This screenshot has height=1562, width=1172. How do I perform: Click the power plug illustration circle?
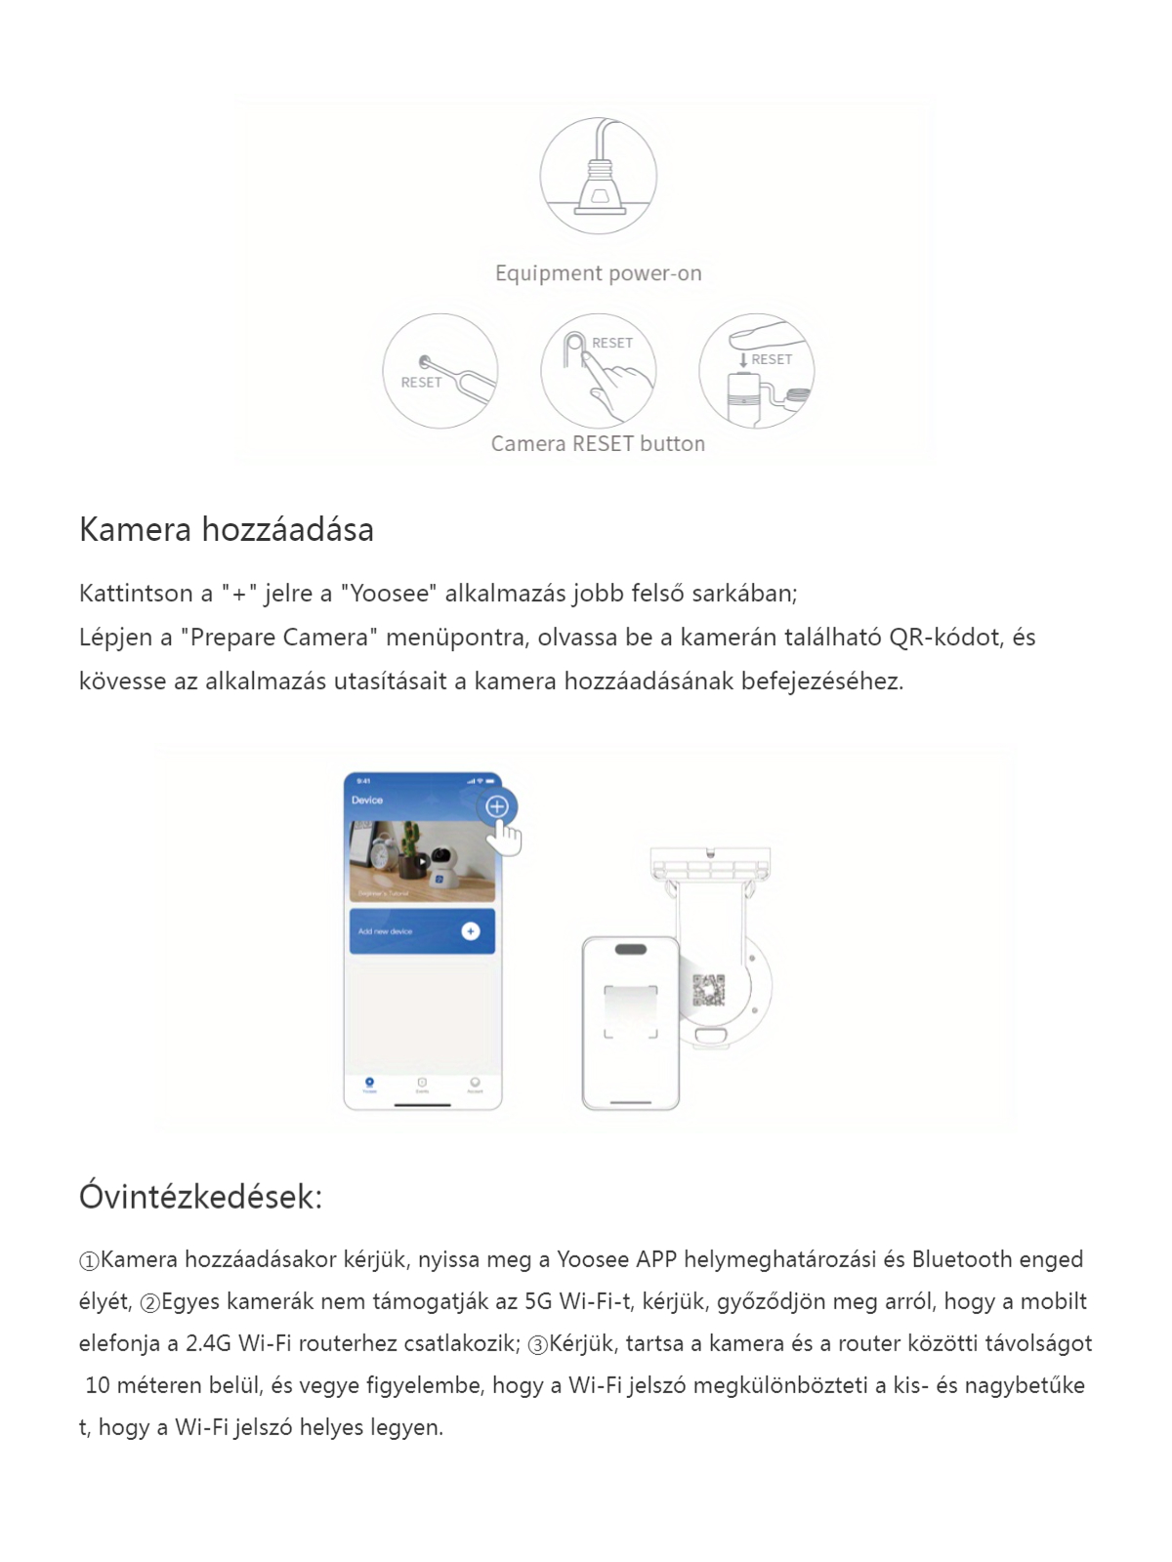pyautogui.click(x=598, y=176)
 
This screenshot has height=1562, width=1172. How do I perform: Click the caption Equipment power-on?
pyautogui.click(x=598, y=273)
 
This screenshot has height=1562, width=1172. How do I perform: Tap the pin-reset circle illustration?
pyautogui.click(x=440, y=371)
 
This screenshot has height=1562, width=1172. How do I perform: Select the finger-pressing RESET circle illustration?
pyautogui.click(x=598, y=371)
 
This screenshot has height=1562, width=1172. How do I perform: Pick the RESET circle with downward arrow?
pyautogui.click(x=756, y=371)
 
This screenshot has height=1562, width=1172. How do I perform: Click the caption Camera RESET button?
pyautogui.click(x=598, y=444)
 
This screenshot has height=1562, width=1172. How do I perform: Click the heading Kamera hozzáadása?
pyautogui.click(x=227, y=530)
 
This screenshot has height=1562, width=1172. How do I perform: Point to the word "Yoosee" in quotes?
pyautogui.click(x=390, y=594)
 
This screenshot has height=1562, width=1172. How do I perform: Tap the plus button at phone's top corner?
pyautogui.click(x=497, y=806)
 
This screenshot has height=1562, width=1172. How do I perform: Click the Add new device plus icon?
pyautogui.click(x=471, y=931)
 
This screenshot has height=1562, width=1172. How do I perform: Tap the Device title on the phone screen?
pyautogui.click(x=367, y=801)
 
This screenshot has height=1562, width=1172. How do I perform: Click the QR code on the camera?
pyautogui.click(x=709, y=990)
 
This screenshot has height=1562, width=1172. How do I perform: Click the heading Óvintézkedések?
pyautogui.click(x=200, y=1197)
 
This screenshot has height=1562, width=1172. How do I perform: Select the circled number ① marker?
pyautogui.click(x=89, y=1261)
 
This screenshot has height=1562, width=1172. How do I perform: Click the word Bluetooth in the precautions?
pyautogui.click(x=962, y=1259)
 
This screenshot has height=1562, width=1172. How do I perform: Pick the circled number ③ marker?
pyautogui.click(x=538, y=1345)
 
